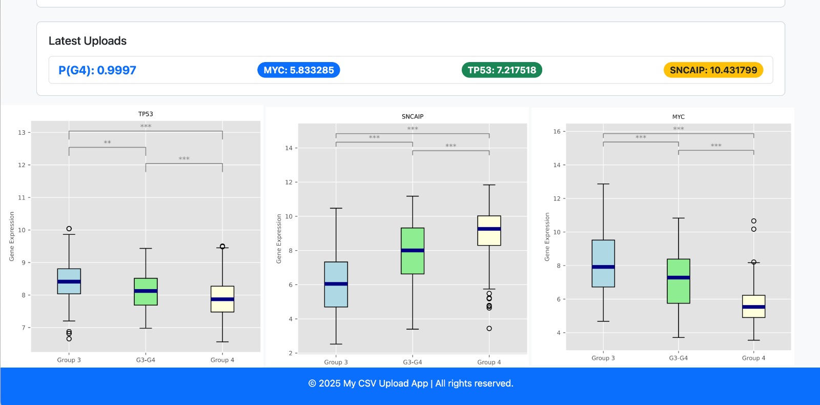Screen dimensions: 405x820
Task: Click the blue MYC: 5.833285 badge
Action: click(x=298, y=70)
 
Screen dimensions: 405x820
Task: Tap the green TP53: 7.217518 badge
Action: click(x=502, y=70)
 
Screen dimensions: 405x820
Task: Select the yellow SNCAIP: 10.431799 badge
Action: click(x=713, y=70)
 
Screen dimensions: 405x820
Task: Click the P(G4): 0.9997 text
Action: click(x=97, y=70)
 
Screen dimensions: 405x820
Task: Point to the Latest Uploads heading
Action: click(x=88, y=41)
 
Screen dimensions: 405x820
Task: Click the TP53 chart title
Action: click(x=146, y=114)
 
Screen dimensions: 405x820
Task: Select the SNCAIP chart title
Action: click(x=413, y=116)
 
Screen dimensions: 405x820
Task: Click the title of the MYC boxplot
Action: click(x=678, y=117)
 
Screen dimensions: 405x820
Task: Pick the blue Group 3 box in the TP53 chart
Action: click(x=69, y=281)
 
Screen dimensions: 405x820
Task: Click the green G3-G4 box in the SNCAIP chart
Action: click(x=413, y=251)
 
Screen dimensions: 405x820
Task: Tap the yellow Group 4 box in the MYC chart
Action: click(x=753, y=306)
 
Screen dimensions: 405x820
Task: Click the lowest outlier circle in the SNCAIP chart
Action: click(x=489, y=328)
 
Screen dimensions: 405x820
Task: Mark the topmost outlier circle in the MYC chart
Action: click(x=753, y=221)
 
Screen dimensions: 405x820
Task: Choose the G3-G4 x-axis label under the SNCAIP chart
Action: click(x=413, y=362)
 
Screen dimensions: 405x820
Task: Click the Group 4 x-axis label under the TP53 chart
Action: click(x=222, y=360)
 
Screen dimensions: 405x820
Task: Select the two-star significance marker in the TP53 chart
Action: click(x=107, y=143)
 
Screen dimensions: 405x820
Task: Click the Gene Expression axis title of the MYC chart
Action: click(x=547, y=237)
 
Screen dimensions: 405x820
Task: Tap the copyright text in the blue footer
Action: click(x=411, y=383)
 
